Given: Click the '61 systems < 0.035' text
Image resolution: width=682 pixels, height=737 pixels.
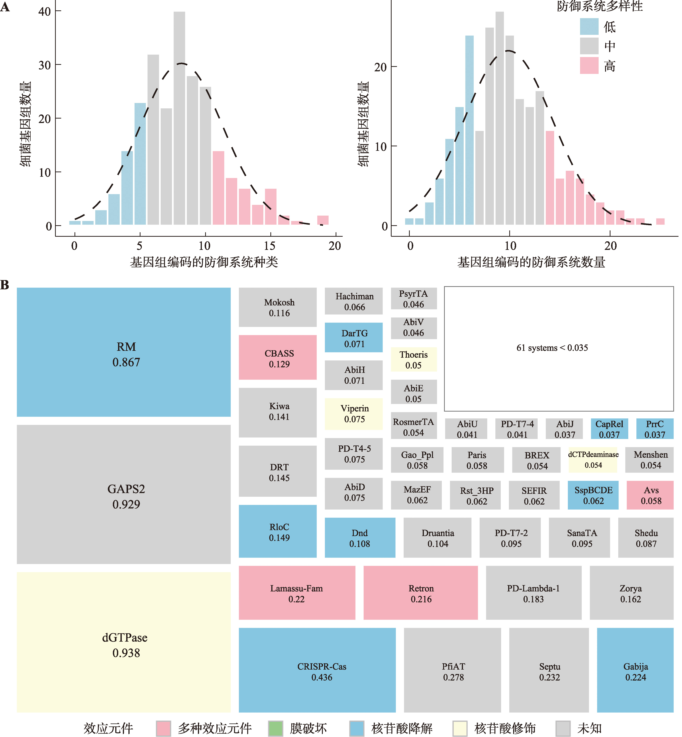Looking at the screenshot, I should pyautogui.click(x=552, y=348).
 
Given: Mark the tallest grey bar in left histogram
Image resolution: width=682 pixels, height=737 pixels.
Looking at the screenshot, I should pyautogui.click(x=179, y=118).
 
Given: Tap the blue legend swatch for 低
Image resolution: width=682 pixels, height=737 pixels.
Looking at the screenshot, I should pyautogui.click(x=589, y=26).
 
